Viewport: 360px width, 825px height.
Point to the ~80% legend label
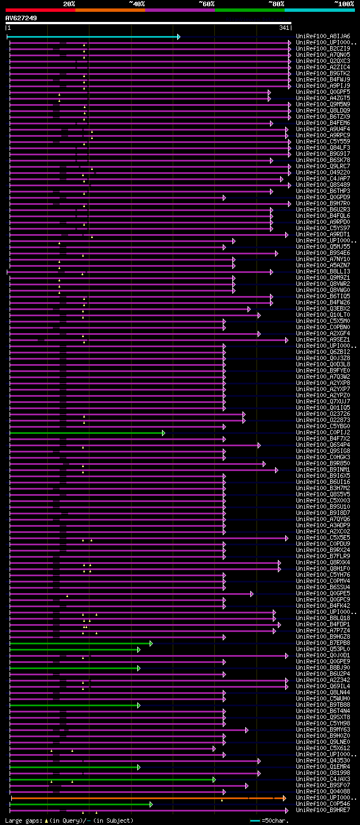(x=276, y=3)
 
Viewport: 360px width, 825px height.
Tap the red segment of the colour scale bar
(x=40, y=10)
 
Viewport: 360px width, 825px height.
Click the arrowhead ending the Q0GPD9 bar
(x=224, y=198)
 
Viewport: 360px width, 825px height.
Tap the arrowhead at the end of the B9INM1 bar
(x=276, y=470)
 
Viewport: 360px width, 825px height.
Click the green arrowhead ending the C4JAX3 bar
(x=214, y=779)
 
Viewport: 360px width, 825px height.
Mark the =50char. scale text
(x=276, y=820)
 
